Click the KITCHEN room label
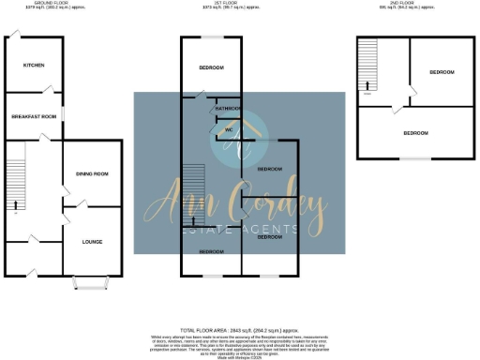click(35, 65)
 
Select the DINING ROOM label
click(92, 173)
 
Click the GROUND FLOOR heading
click(35, 5)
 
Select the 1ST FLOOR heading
click(240, 5)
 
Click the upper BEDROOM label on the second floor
click(441, 73)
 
